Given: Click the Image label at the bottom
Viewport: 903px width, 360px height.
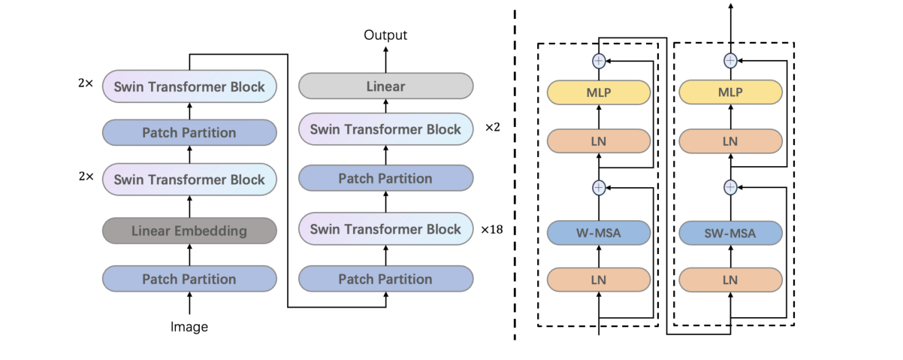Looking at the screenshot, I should (189, 327).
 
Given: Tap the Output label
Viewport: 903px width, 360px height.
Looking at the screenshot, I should (385, 35).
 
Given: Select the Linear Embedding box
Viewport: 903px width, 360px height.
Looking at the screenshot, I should (189, 231).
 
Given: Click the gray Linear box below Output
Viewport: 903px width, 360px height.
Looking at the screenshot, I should (385, 86).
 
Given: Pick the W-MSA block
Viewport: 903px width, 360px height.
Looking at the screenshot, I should (599, 233).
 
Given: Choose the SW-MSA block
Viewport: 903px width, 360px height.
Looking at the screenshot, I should (729, 233).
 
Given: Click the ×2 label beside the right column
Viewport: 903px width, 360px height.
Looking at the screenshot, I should (493, 129).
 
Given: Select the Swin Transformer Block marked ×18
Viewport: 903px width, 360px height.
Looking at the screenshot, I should (385, 228).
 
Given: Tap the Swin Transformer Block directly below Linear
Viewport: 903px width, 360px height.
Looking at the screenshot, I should (385, 129).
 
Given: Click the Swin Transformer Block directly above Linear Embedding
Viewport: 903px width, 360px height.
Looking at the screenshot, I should (189, 180).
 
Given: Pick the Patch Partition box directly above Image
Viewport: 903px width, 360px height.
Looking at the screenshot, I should (189, 279).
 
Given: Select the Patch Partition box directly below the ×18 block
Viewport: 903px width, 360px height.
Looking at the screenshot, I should (385, 279).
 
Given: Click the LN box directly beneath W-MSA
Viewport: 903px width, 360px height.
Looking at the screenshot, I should (599, 279).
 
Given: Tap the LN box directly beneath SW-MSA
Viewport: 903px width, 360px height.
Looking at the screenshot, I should (729, 279).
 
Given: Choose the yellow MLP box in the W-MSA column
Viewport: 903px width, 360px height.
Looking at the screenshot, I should (599, 92).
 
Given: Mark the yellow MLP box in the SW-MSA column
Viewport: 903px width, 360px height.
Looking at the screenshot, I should (729, 92).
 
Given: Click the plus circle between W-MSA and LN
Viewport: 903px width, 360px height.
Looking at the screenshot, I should (599, 186).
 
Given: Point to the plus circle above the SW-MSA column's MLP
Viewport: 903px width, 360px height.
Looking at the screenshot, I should (729, 60).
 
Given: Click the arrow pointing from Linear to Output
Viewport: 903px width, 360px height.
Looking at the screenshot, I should (385, 59).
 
